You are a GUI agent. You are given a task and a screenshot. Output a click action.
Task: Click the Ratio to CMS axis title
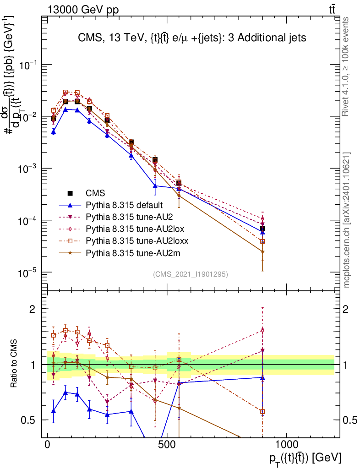(x=15, y=364)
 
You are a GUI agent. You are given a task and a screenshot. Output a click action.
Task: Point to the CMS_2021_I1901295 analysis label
(x=191, y=274)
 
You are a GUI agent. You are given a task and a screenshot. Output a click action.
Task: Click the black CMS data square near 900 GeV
(x=262, y=228)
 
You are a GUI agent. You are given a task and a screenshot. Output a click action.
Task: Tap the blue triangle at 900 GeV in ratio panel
(x=262, y=377)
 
